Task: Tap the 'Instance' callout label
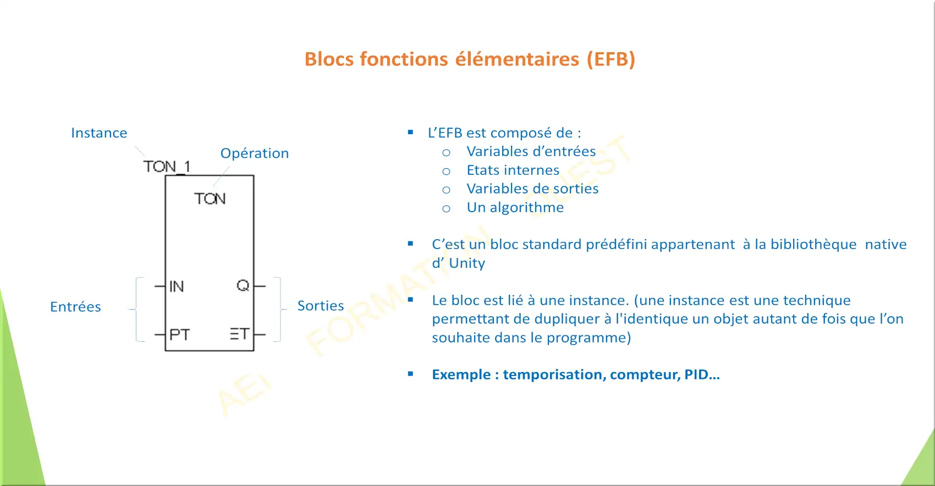coord(99,132)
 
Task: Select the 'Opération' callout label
coord(254,153)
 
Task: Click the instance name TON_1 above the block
coord(167,167)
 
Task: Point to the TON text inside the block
coord(210,198)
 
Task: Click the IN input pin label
coord(177,286)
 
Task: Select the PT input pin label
coord(180,335)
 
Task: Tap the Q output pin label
coord(243,285)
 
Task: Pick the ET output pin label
coord(240,334)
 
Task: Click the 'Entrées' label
coord(75,307)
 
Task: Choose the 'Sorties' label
coord(321,306)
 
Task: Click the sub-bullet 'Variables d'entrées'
coord(531,151)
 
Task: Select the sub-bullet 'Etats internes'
coord(513,170)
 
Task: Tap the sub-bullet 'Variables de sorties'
coord(532,189)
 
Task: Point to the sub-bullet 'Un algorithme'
coord(515,207)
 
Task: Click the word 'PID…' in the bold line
coord(702,374)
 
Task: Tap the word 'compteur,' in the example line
coord(645,374)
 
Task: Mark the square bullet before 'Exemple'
coord(411,374)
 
